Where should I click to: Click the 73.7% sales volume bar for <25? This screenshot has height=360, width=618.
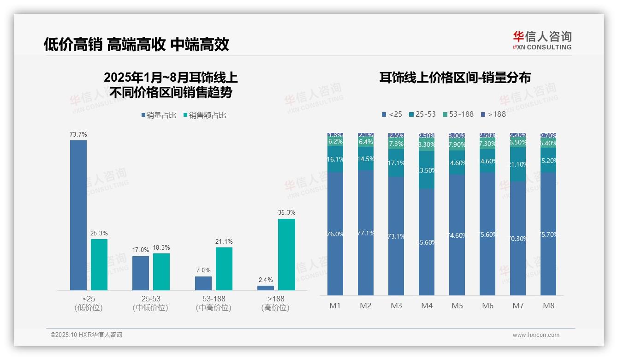pyautogui.click(x=78, y=215)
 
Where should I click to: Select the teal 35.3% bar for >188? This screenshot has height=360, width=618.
pyautogui.click(x=286, y=254)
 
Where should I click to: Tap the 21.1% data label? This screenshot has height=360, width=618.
pyautogui.click(x=224, y=241)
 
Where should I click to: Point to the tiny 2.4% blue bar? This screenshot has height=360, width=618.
pyautogui.click(x=266, y=288)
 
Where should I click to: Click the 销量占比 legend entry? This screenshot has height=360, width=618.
pyautogui.click(x=159, y=115)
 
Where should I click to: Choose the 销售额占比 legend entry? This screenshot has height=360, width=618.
pyautogui.click(x=205, y=115)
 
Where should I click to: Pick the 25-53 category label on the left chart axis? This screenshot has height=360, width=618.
pyautogui.click(x=150, y=299)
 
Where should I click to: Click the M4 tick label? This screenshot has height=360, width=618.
pyautogui.click(x=427, y=306)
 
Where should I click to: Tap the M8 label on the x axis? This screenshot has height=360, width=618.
pyautogui.click(x=548, y=306)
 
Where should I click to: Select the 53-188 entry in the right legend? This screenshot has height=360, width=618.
pyautogui.click(x=458, y=114)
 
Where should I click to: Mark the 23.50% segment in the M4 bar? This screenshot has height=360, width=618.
pyautogui.click(x=427, y=170)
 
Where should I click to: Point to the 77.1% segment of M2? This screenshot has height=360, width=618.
pyautogui.click(x=366, y=233)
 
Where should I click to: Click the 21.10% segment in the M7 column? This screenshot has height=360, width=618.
pyautogui.click(x=518, y=164)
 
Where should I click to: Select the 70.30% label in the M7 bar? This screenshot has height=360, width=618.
pyautogui.click(x=518, y=239)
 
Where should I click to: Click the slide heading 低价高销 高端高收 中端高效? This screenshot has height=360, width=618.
pyautogui.click(x=137, y=44)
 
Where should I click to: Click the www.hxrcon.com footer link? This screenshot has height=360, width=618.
pyautogui.click(x=536, y=335)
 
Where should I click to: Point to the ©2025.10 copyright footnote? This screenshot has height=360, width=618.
pyautogui.click(x=86, y=335)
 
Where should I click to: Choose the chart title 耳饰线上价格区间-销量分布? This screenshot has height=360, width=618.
pyautogui.click(x=455, y=78)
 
